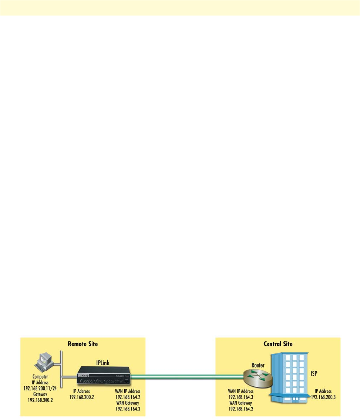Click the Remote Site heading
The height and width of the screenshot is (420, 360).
pyautogui.click(x=83, y=344)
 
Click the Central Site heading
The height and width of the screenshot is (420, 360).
pyautogui.click(x=277, y=344)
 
